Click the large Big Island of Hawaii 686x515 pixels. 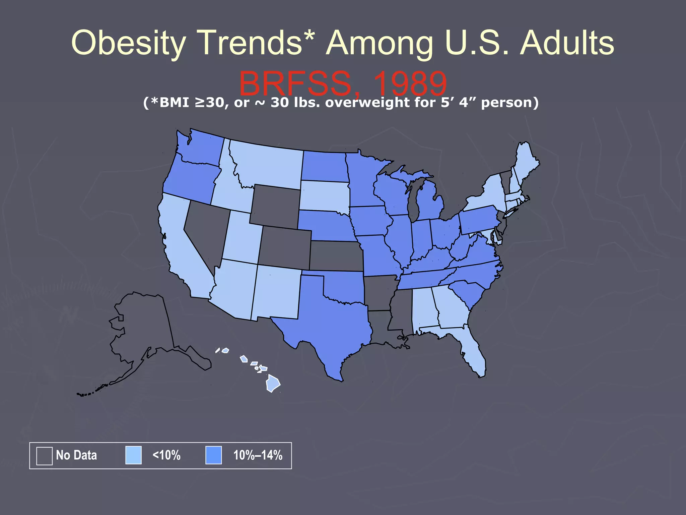[273, 384]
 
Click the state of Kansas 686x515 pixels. [337, 255]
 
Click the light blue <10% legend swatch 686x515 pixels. [133, 455]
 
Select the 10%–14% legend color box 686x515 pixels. [213, 455]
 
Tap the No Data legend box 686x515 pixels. [44, 456]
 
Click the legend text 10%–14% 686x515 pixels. [258, 455]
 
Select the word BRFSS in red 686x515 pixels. [295, 84]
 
